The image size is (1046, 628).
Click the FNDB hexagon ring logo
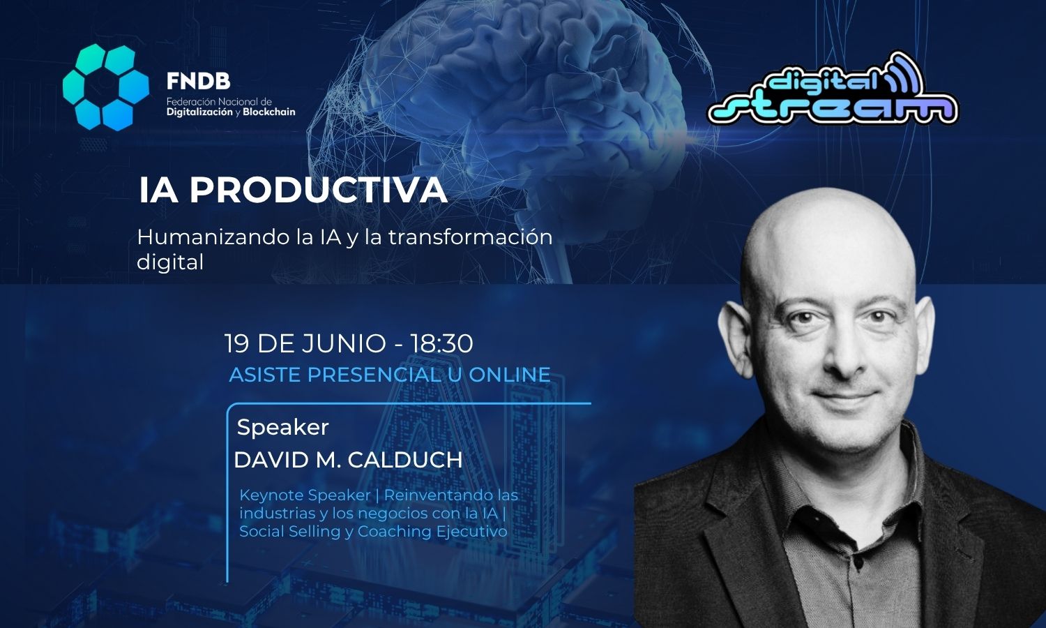pos(105,87)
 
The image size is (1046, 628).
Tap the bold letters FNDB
pos(198,82)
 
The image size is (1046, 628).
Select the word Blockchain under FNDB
pos(268,112)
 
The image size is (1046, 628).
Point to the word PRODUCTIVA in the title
pos(318,190)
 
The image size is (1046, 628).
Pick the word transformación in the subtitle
pos(470,237)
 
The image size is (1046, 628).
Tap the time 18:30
pos(441,343)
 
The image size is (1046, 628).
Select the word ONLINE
pos(509,375)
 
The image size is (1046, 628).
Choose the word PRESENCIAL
pos(374,375)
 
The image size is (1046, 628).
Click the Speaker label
pos(282,427)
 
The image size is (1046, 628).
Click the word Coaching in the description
pos(394,532)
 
